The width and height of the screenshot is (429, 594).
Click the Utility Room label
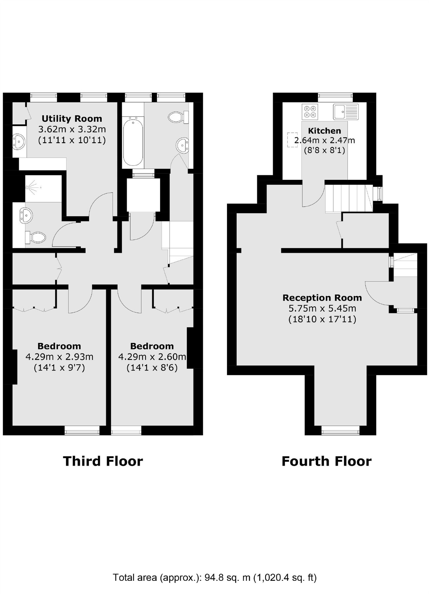click(x=72, y=118)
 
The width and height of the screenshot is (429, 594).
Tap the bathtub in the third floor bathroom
click(x=133, y=142)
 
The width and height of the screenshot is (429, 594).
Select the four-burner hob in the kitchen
click(x=310, y=111)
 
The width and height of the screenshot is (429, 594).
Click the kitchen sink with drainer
click(x=346, y=111)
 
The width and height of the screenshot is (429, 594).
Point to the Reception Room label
click(x=322, y=298)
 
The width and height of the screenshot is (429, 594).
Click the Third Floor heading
click(x=103, y=461)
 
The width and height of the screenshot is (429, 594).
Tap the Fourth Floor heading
click(x=326, y=461)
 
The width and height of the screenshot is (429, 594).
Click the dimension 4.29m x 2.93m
click(x=59, y=357)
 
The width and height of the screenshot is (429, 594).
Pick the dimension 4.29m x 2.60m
click(x=152, y=357)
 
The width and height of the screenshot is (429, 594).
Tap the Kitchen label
click(x=324, y=130)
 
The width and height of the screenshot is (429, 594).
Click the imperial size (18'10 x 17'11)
click(x=322, y=319)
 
